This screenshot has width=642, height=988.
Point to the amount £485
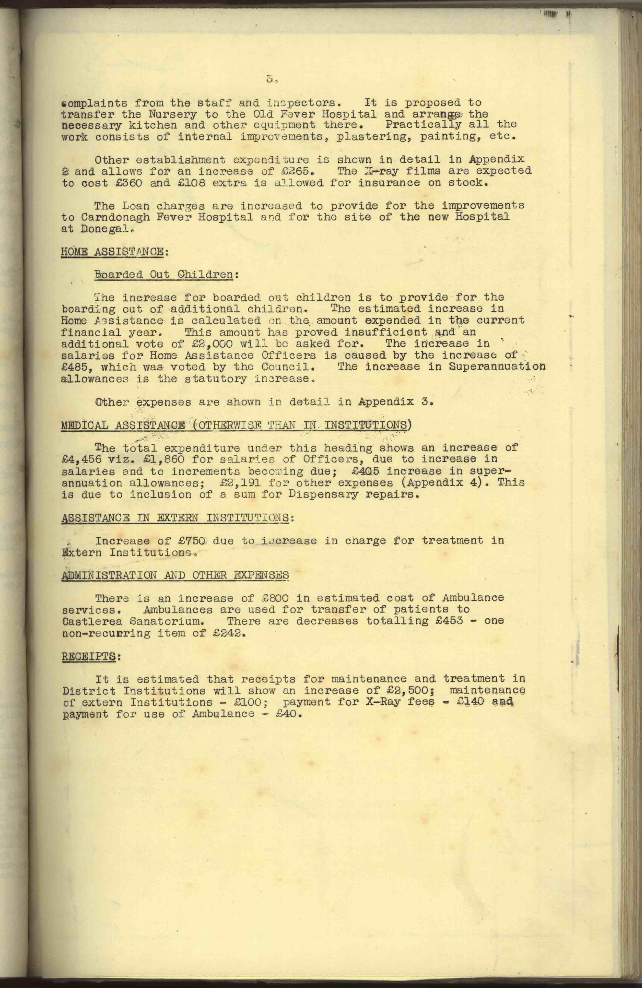point(78,367)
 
